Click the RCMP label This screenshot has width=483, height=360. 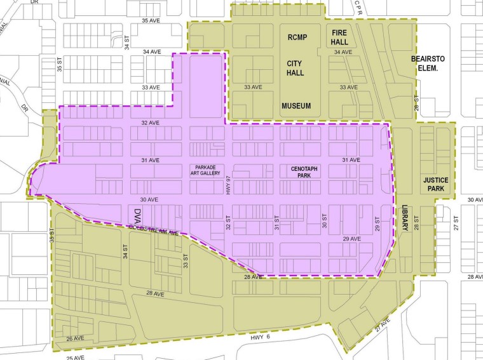pyautogui.click(x=296, y=37)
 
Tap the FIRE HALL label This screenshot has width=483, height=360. pyautogui.click(x=340, y=36)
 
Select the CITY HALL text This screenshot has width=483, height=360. pyautogui.click(x=295, y=68)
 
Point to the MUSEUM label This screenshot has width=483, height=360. pyautogui.click(x=296, y=106)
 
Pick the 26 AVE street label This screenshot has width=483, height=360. pyautogui.click(x=74, y=338)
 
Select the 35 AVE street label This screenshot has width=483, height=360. pyautogui.click(x=153, y=21)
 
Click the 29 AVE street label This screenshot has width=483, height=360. pyautogui.click(x=351, y=239)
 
